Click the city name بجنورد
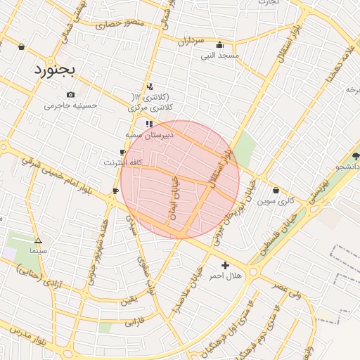pyautogui.click(x=58, y=71)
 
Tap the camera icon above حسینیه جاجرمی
pyautogui.click(x=70, y=95)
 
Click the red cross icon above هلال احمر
pyautogui.click(x=225, y=265)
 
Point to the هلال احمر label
pyautogui.click(x=225, y=276)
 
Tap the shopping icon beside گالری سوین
pyautogui.click(x=275, y=190)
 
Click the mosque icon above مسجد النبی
pyautogui.click(x=220, y=44)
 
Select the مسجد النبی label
pyautogui.click(x=220, y=55)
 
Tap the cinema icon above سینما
pyautogui.click(x=38, y=240)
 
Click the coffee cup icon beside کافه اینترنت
pyautogui.click(x=123, y=152)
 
